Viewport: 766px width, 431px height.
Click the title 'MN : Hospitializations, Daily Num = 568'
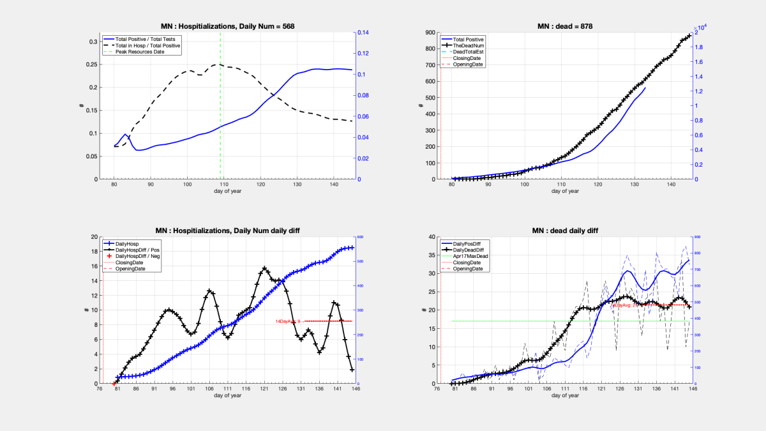tap(227, 26)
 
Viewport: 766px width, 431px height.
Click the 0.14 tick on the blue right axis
tap(363, 33)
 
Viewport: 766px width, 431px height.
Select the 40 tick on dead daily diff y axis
tap(430, 237)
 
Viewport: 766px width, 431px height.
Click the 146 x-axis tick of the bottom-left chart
tap(354, 389)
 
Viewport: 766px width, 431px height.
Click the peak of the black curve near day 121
tap(264, 269)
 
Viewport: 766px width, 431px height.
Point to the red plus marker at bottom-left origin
tap(114, 383)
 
